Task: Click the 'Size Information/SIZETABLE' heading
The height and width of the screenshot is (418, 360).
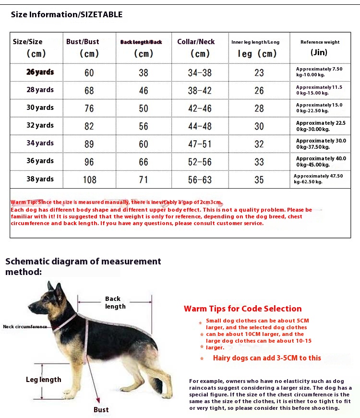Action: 67,14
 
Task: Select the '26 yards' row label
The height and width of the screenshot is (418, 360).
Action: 40,72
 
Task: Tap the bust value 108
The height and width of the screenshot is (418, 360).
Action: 89,179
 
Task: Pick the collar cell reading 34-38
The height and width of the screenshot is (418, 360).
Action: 200,73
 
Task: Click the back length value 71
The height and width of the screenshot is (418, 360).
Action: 143,179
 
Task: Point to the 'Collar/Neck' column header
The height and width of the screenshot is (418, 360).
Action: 196,42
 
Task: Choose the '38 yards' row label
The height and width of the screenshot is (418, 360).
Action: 40,179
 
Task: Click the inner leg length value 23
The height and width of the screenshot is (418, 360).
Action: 259,73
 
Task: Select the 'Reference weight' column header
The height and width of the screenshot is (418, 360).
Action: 320,42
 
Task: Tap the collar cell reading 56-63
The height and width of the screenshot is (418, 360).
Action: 200,179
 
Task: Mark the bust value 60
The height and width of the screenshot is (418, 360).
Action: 89,73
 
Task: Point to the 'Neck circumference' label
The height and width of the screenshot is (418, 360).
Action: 25,327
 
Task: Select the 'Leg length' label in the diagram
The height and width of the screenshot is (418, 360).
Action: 44,380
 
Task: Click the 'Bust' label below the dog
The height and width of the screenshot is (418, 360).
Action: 101,409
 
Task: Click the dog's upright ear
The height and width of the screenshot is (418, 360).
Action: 50,288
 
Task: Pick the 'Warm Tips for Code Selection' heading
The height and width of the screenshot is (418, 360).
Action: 242,309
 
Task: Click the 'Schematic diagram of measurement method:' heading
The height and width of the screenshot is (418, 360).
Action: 83,266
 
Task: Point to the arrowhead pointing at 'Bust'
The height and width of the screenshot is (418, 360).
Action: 98,399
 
